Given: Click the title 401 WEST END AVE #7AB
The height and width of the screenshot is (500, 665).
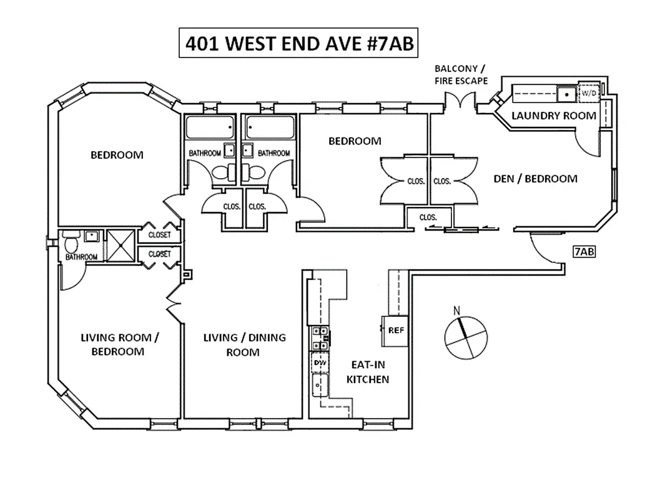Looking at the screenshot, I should point(298,44).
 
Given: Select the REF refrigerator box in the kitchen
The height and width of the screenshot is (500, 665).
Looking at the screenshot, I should point(395,330).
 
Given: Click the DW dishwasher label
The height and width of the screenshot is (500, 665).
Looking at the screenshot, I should point(319,362).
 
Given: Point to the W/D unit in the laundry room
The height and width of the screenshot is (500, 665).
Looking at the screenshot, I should point(589,94).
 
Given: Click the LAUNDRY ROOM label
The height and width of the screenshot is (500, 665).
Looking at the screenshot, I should point(553,116).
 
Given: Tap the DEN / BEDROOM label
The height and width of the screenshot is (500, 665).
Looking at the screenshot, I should point(535,179).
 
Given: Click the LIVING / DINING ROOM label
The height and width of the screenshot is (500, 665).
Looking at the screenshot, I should point(244,344).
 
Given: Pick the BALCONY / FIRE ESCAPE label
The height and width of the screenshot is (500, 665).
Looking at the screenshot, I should point(461,74).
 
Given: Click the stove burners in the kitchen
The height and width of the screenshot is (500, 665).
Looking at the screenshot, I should point(320,337).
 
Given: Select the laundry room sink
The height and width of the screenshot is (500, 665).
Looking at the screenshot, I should point(568,94).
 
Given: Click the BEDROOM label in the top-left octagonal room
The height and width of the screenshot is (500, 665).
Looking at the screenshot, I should point(117,155).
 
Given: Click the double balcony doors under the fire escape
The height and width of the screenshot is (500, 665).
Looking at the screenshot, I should point(461,100).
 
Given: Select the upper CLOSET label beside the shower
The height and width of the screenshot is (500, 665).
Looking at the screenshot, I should point(159,236).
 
